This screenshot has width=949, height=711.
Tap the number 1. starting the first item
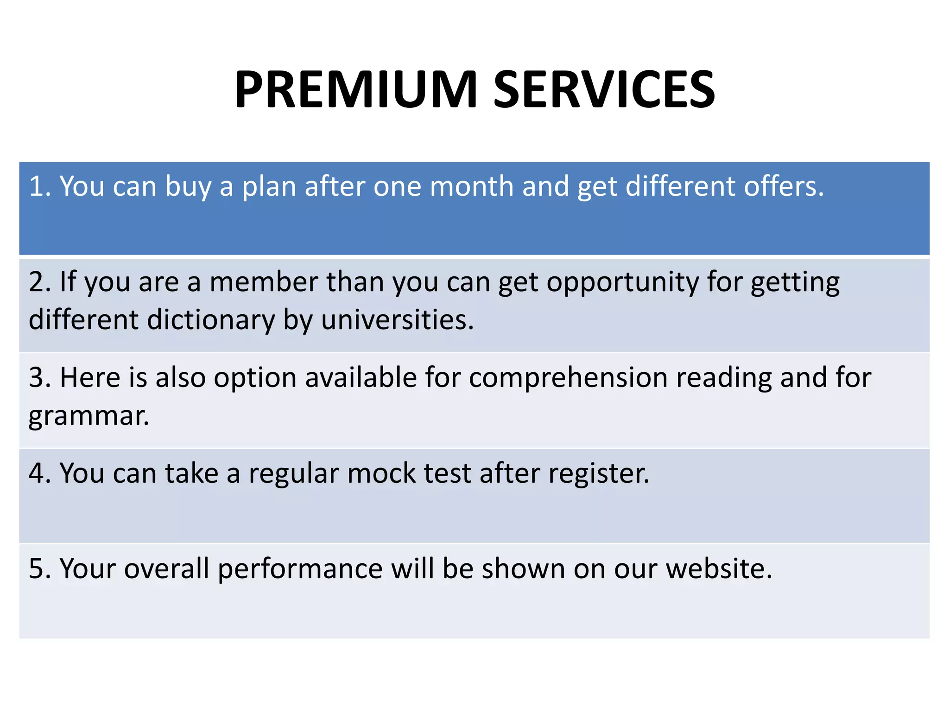(40, 186)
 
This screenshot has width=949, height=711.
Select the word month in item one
(472, 186)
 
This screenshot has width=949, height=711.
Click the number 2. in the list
(40, 281)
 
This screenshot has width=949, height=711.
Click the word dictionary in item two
(211, 320)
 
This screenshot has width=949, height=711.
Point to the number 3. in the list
(40, 377)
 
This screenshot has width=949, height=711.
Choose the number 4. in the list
(40, 473)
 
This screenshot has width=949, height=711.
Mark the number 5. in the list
(40, 568)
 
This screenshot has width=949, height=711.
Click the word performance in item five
(300, 569)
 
